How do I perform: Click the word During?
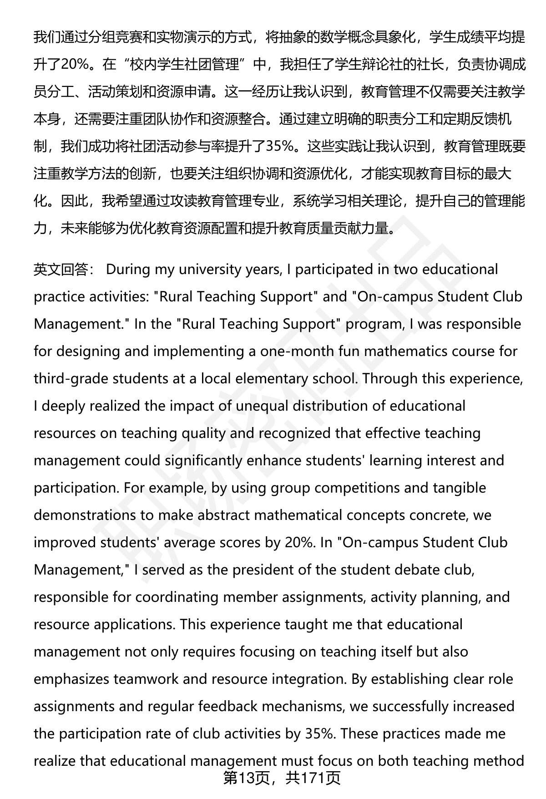[x=128, y=270]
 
